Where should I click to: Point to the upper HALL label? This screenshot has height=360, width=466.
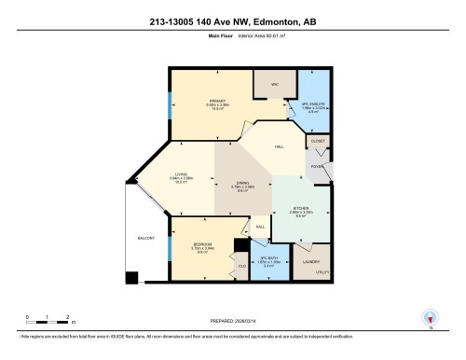point(279,146)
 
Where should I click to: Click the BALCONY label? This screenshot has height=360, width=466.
point(145,239)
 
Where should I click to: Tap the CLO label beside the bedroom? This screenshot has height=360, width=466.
point(241,267)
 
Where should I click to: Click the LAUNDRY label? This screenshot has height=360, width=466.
point(311,262)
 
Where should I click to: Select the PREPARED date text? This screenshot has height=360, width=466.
point(233,313)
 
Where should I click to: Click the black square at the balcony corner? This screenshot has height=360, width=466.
point(133,278)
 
